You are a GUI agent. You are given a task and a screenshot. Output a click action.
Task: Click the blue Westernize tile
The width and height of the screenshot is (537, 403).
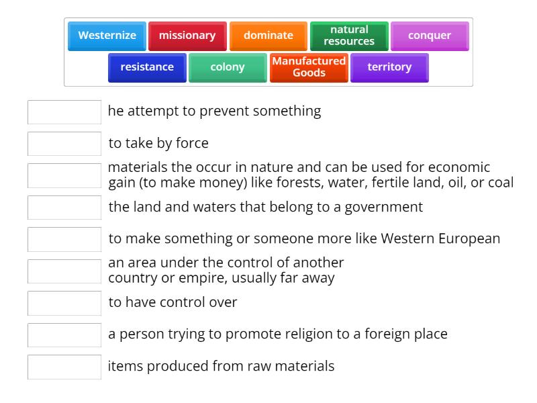(x=107, y=36)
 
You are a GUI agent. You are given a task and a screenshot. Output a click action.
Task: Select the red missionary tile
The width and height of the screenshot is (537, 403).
(x=187, y=36)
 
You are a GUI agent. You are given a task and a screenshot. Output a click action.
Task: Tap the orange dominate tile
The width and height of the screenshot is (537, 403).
(x=268, y=36)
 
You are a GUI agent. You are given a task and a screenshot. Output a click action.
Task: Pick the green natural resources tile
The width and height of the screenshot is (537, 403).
(x=349, y=36)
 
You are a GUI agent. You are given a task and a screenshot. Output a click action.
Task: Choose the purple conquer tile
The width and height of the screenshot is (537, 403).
(x=430, y=36)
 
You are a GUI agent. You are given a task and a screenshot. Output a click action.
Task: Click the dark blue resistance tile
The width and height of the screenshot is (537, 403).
(x=147, y=67)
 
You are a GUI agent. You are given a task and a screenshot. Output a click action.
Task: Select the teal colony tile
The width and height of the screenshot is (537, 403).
(x=228, y=67)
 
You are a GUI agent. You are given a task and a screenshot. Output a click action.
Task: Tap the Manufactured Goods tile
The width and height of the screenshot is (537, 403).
(x=309, y=67)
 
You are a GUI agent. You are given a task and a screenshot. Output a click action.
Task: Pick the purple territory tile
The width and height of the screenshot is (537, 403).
(x=389, y=67)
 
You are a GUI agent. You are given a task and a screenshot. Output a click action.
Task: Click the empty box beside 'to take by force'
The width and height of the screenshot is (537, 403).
(x=64, y=144)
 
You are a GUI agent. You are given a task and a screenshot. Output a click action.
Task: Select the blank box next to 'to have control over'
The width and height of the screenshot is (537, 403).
(x=64, y=303)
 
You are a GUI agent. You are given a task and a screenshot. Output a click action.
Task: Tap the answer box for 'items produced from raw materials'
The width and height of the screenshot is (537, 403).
(x=64, y=367)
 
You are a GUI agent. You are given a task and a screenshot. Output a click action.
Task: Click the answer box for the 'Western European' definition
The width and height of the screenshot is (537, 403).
(x=64, y=239)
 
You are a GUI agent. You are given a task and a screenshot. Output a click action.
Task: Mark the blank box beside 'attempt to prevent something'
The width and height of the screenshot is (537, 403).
(x=64, y=112)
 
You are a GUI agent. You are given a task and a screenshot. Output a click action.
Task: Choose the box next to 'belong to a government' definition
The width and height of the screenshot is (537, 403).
(x=64, y=208)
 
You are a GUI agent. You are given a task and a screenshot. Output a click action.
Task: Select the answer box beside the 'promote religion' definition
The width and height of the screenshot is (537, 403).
(x=64, y=334)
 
